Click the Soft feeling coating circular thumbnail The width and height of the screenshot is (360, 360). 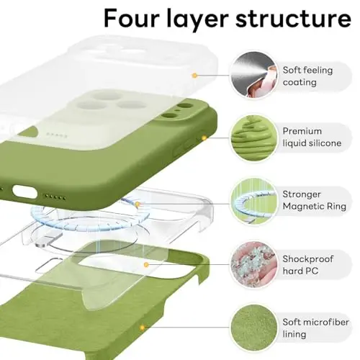tap(251, 74)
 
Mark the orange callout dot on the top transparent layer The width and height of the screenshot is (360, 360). tap(194, 75)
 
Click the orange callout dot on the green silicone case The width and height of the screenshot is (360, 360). tap(204, 137)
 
